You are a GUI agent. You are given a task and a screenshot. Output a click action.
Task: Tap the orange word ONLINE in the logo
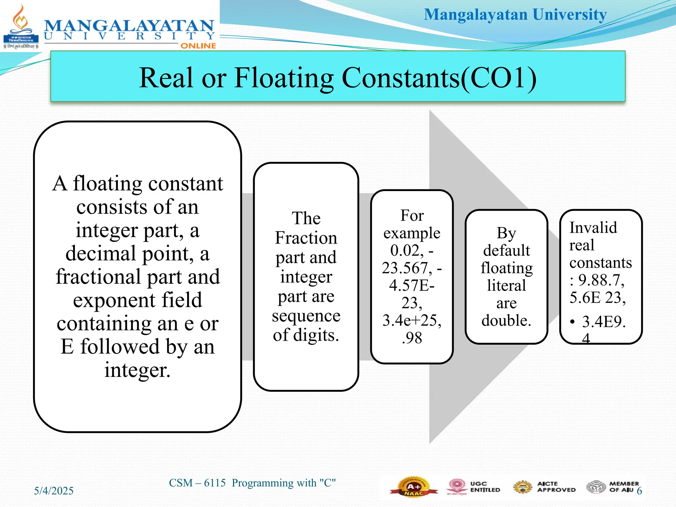[198, 46]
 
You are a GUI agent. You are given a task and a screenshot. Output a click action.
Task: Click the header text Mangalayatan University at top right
[515, 15]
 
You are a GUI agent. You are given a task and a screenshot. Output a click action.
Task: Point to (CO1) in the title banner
[498, 78]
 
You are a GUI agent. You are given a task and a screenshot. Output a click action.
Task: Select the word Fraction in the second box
[306, 238]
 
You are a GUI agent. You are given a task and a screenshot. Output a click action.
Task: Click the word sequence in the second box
[306, 316]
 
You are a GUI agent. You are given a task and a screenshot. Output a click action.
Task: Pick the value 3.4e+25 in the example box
[412, 321]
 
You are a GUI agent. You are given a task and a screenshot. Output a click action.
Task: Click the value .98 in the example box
[412, 338]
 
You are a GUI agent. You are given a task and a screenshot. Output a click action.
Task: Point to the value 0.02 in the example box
[407, 251]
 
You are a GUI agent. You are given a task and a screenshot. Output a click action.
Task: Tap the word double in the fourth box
[506, 321]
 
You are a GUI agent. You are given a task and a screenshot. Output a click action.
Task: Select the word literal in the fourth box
[506, 286]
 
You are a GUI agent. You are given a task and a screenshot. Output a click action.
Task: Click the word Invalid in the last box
[593, 228]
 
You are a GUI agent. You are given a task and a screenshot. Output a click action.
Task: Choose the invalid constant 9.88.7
[601, 280]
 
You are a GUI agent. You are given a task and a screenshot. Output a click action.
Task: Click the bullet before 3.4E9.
[572, 321]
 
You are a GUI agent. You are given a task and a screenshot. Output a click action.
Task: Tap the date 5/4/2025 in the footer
[53, 491]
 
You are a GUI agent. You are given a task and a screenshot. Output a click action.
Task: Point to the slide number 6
[639, 491]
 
